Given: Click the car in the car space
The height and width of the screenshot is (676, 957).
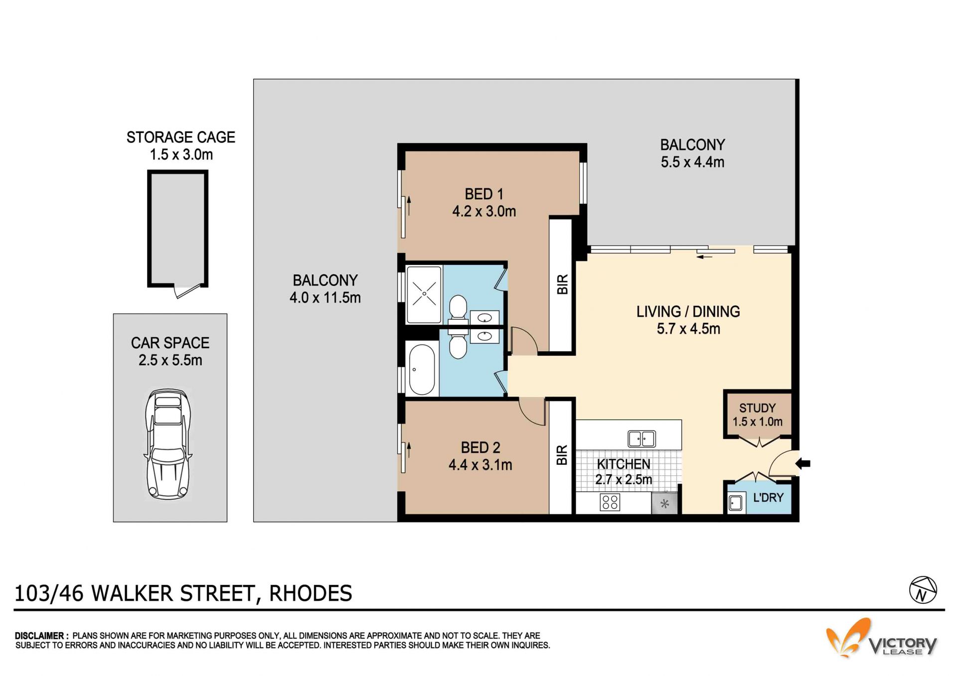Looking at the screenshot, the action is coord(168,444).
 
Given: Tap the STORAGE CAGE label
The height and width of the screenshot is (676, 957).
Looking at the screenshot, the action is coord(180,137).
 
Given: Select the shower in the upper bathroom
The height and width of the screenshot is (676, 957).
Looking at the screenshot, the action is coord(424,294).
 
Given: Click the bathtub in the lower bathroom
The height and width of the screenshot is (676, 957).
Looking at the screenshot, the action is coord(422,369).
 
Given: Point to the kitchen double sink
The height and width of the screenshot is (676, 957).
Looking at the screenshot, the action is coord(641,439).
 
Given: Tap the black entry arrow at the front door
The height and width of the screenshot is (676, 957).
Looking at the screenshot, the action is coord(802,464).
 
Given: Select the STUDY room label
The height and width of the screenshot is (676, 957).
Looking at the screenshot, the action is coord(757,408).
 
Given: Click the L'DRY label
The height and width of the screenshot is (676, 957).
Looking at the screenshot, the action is coord(768,497).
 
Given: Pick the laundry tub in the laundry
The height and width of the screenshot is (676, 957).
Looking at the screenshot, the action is coord(735,503).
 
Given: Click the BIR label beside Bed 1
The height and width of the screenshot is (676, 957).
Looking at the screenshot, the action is coord(562,284).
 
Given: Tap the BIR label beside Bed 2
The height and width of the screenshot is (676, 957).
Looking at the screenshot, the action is coord(562,455).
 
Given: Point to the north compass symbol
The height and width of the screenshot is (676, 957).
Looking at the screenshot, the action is coord(923,590).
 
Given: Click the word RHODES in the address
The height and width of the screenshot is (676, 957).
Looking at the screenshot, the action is coord(311,593).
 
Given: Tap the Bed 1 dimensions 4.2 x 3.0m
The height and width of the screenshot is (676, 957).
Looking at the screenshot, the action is coord(484,211).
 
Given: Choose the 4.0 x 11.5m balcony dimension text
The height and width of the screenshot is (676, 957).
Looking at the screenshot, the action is coord(325,297).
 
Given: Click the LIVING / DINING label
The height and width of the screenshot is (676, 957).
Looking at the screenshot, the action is coord(688,311).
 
